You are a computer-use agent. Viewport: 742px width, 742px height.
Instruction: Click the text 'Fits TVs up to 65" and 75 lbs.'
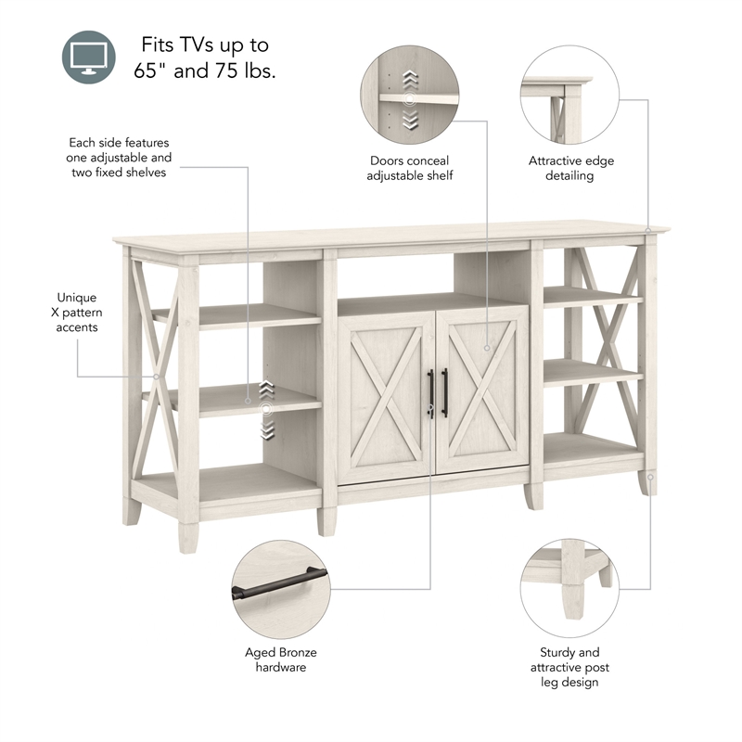206,58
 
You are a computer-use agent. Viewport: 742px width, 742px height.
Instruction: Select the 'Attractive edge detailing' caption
570,168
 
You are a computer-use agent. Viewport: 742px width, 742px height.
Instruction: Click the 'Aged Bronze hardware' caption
280,659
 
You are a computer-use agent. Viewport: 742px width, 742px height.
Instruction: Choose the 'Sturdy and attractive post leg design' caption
569,667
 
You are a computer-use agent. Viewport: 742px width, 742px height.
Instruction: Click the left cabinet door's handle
429,392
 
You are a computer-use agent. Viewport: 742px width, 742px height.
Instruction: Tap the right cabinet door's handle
445,391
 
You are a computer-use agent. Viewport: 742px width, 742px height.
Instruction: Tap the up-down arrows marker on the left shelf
266,409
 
